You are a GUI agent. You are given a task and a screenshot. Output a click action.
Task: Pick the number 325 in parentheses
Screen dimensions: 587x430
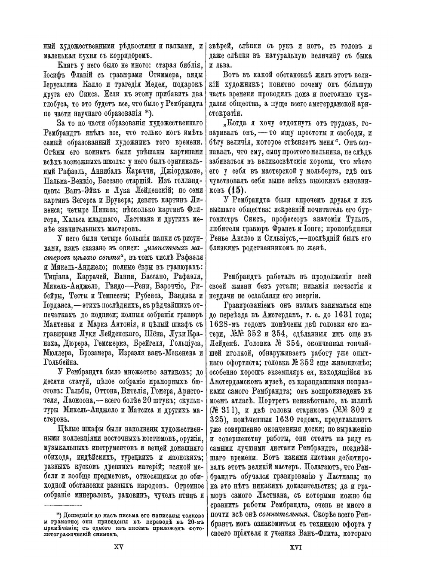219,417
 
